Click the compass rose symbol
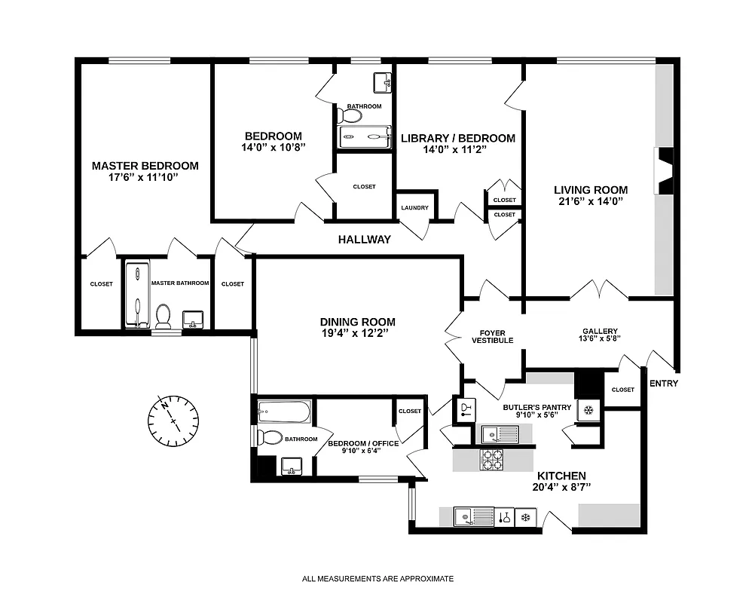[174, 419]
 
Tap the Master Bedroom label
[145, 166]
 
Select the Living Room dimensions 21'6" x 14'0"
[591, 201]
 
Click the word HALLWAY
[365, 240]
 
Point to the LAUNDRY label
[415, 208]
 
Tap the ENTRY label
[663, 384]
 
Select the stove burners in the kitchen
[492, 459]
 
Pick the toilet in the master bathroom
[163, 313]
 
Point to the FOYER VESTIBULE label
[493, 336]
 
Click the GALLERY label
[600, 331]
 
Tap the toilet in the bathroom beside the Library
[350, 116]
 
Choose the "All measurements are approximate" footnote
[377, 579]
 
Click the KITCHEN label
[561, 476]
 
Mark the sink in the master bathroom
[193, 318]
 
